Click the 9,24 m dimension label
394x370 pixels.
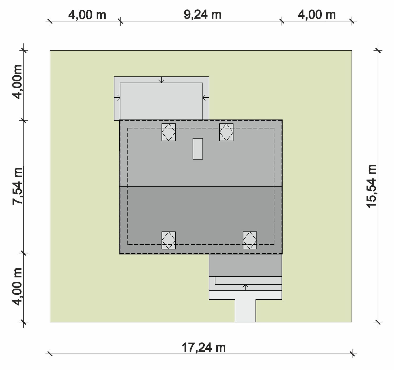(x=202, y=15)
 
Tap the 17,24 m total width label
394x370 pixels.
(x=204, y=348)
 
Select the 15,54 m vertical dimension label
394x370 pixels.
(x=371, y=186)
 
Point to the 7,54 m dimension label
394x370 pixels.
(x=17, y=186)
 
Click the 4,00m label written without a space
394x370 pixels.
(x=17, y=82)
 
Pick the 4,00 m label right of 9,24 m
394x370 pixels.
(x=317, y=15)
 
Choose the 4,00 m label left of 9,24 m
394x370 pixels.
(x=87, y=15)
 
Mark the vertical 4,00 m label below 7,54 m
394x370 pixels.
(x=17, y=286)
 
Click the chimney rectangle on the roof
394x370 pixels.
(x=198, y=149)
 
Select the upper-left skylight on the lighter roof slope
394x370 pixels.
(x=169, y=132)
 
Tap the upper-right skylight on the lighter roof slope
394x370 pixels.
(x=226, y=132)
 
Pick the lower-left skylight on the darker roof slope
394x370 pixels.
(x=169, y=240)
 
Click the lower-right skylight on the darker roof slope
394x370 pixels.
(x=250, y=240)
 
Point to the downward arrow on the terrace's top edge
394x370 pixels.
(x=162, y=80)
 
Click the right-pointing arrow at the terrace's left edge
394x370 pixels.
(x=117, y=98)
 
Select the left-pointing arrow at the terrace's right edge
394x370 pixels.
(x=206, y=98)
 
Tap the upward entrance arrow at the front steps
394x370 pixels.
(x=245, y=287)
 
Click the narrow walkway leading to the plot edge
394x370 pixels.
(x=245, y=311)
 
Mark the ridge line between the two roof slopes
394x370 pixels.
(x=201, y=186)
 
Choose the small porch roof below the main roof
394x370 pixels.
(x=245, y=265)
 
